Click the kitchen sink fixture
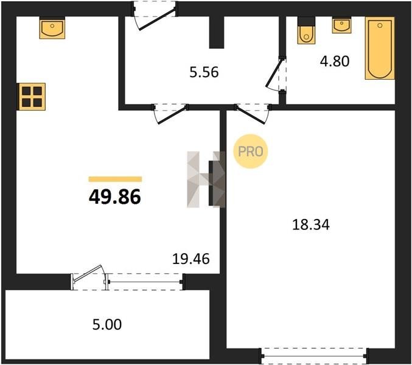tap(52, 28)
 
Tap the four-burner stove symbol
tap(31, 96)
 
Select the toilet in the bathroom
tap(306, 31)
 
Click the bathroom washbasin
tap(341, 25)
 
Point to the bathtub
tap(380, 48)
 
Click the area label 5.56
tap(204, 72)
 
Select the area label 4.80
tap(335, 61)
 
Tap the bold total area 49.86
tap(115, 197)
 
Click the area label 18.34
tap(311, 225)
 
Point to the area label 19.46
tap(191, 259)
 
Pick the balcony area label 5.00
tap(107, 325)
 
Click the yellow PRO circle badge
tap(250, 151)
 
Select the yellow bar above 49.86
tap(116, 179)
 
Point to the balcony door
tap(89, 278)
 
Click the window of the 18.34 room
tap(315, 356)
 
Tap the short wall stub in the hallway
tap(217, 33)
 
